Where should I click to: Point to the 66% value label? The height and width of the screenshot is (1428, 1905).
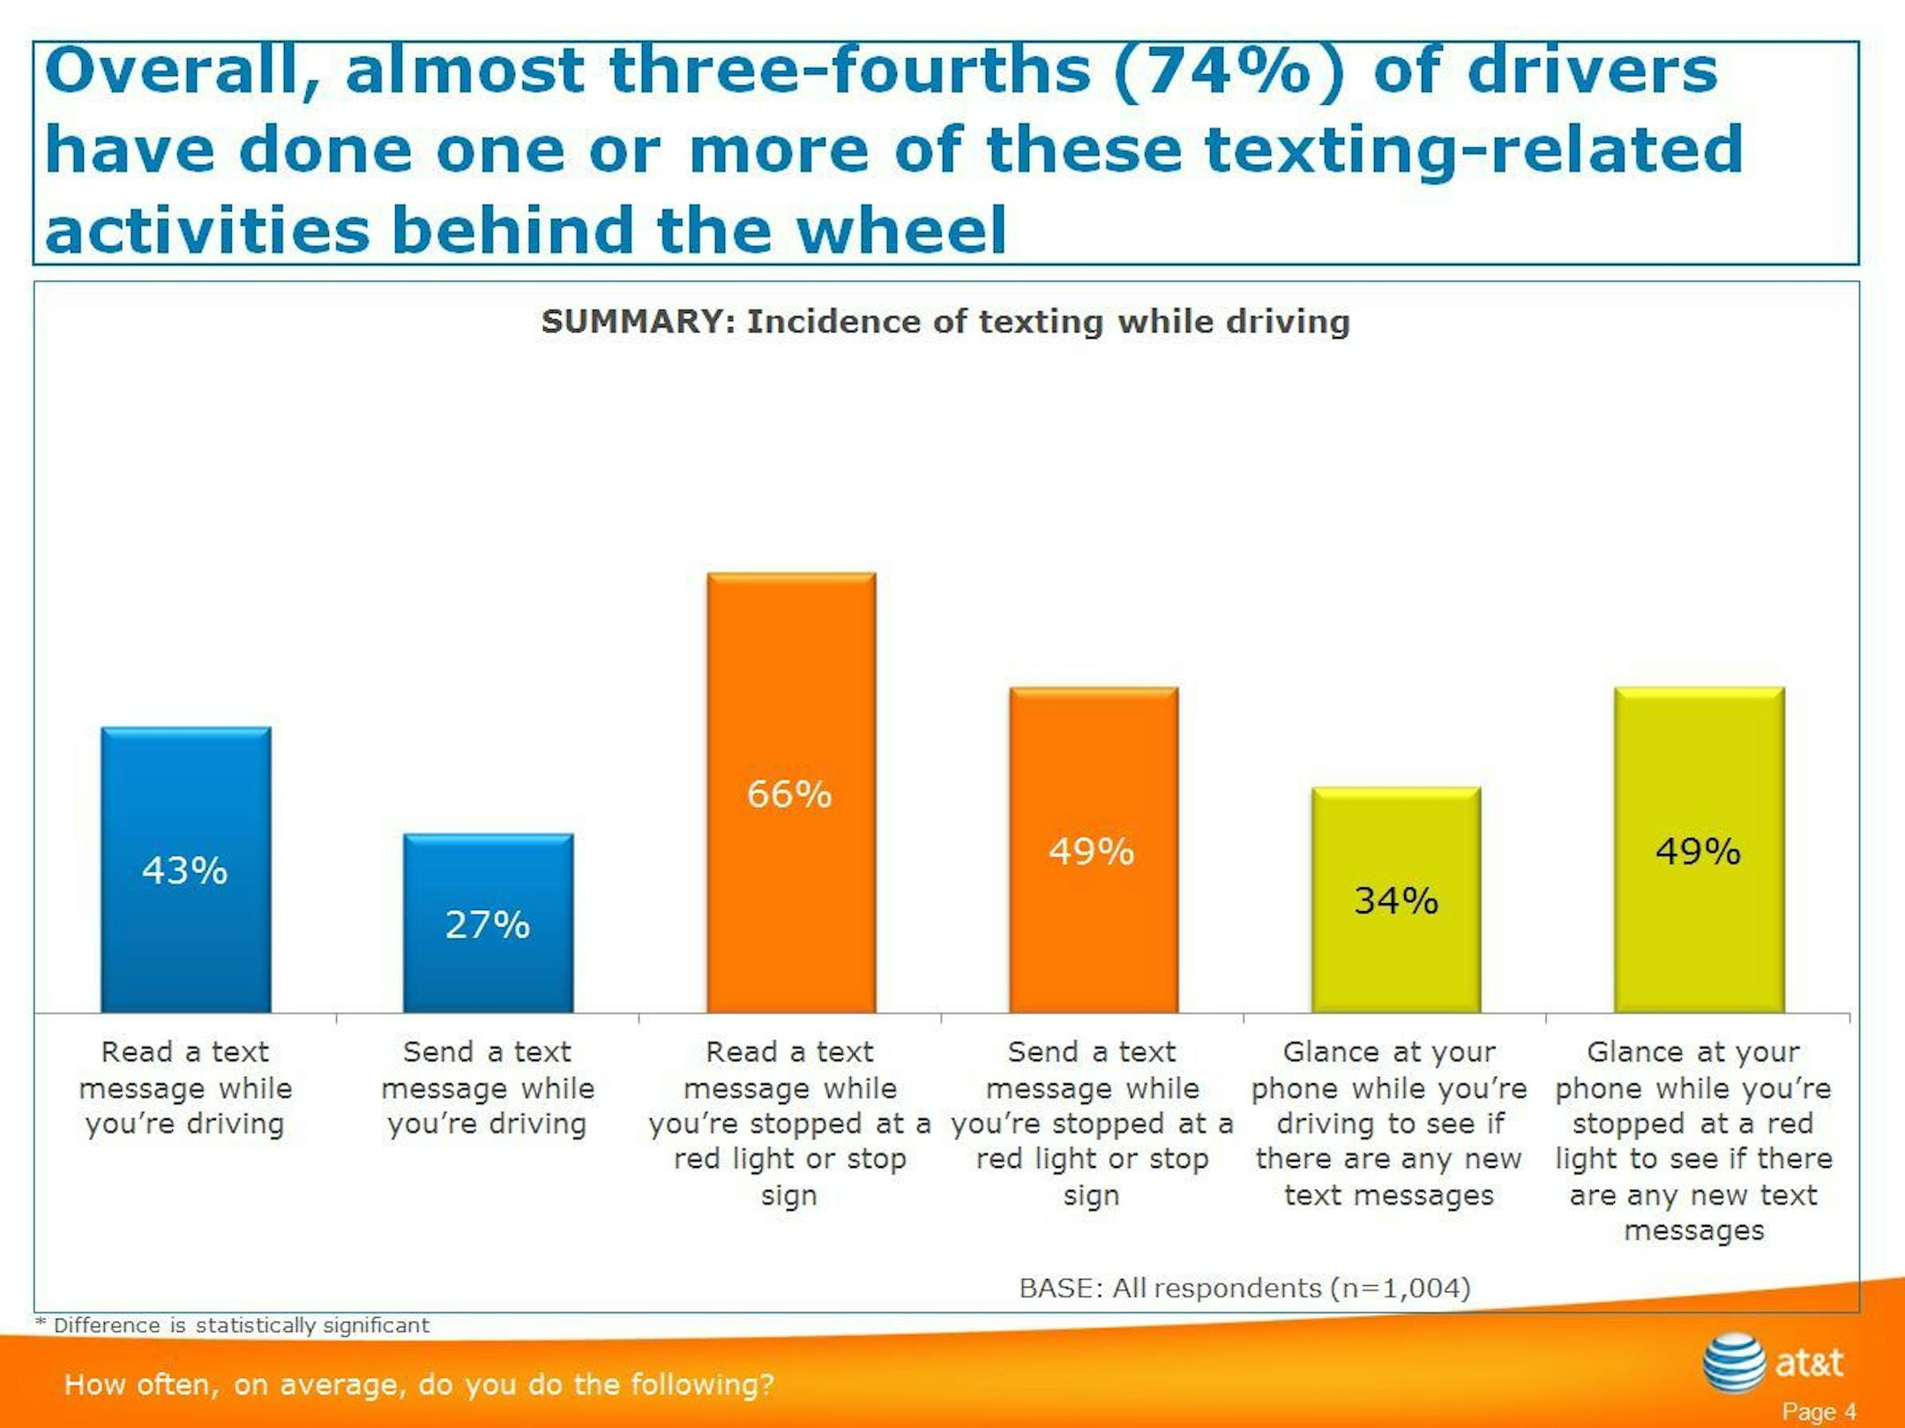pyautogui.click(x=789, y=795)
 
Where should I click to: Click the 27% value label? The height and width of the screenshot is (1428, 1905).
pyautogui.click(x=488, y=925)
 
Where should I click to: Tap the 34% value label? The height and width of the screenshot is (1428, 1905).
pyautogui.click(x=1396, y=901)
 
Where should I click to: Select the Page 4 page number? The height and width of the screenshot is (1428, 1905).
pyautogui.click(x=1819, y=1411)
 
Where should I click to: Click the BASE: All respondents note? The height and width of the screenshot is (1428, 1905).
pyautogui.click(x=1244, y=1288)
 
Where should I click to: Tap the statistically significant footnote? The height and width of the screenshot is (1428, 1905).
pyautogui.click(x=233, y=1325)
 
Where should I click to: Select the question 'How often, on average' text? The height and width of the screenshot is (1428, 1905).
pyautogui.click(x=419, y=1384)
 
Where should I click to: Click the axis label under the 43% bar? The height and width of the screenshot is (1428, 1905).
pyautogui.click(x=185, y=1088)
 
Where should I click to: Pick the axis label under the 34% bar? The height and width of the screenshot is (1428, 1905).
pyautogui.click(x=1389, y=1123)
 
